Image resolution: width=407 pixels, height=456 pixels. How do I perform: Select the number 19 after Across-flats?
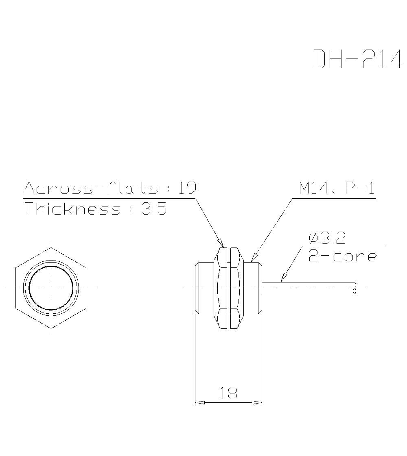(x=187, y=188)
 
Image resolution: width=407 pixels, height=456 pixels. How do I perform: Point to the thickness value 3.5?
(x=153, y=209)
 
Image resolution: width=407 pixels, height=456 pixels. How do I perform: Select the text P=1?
(x=359, y=188)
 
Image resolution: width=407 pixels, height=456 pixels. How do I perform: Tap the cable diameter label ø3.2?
(x=327, y=238)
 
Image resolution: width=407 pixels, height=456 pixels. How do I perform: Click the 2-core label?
(x=342, y=256)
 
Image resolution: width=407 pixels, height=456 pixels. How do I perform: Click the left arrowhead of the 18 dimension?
(x=200, y=403)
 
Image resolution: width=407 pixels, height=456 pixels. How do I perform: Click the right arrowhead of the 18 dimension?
(x=257, y=403)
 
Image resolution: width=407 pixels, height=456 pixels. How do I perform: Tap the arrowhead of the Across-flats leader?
(x=221, y=243)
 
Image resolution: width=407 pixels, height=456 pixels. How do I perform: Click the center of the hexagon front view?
(x=51, y=288)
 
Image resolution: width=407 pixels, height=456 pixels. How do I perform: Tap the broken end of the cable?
(x=355, y=288)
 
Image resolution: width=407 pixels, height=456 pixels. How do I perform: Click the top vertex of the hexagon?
(x=51, y=248)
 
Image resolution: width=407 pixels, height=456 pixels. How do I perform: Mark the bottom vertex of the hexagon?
(x=51, y=328)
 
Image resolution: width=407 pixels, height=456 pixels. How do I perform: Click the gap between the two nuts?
(x=228, y=288)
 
